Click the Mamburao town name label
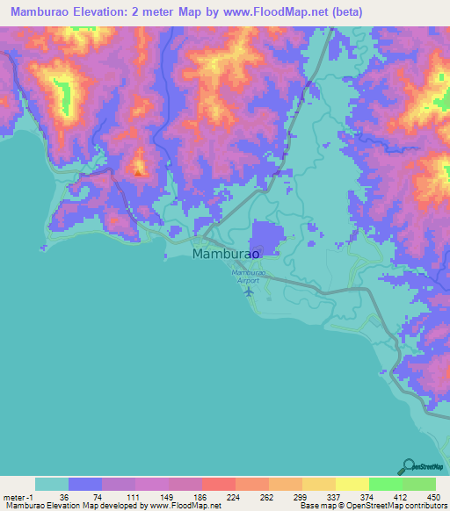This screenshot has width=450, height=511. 226,254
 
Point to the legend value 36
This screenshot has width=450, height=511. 63,496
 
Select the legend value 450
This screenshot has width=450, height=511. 431,496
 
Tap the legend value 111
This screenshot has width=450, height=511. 130,496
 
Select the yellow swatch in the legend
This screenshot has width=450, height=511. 352,484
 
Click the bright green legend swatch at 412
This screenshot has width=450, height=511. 385,484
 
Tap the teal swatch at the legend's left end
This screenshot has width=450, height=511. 52,484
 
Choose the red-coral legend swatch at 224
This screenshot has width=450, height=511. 218,484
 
